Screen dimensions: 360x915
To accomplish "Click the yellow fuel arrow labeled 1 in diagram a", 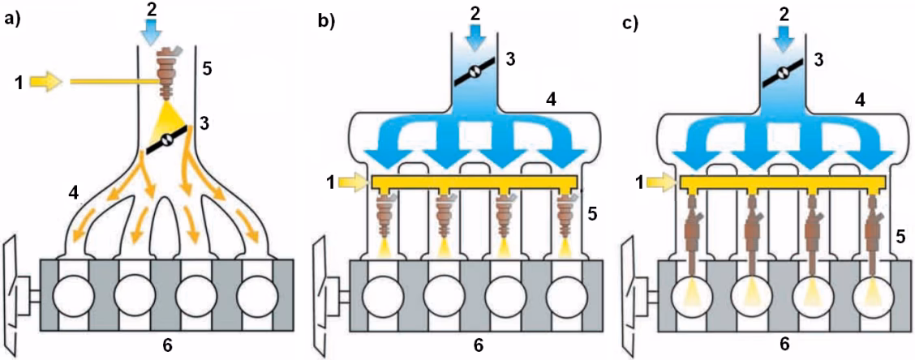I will coord(45,81).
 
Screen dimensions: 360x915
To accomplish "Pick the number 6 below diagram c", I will coord(784,344).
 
